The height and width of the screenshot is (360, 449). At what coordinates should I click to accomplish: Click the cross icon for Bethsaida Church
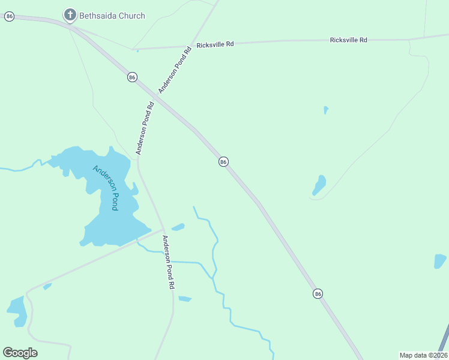click(x=70, y=14)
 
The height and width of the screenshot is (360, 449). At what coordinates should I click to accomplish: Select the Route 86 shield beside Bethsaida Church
click(x=9, y=16)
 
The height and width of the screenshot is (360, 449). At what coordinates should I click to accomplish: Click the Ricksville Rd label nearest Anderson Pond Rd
click(x=214, y=44)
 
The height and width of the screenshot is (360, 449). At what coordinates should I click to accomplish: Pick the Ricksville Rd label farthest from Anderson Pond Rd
click(x=348, y=40)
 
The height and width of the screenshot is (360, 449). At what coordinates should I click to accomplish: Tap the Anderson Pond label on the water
click(x=106, y=187)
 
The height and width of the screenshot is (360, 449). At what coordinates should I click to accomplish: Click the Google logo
click(x=20, y=352)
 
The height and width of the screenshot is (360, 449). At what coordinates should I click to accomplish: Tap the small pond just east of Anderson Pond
click(x=178, y=227)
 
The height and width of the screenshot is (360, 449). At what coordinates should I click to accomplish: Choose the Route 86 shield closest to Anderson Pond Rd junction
click(x=132, y=77)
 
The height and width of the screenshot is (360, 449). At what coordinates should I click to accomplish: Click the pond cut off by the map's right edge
click(x=440, y=261)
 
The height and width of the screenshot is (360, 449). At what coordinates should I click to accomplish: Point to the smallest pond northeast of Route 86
click(x=326, y=110)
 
